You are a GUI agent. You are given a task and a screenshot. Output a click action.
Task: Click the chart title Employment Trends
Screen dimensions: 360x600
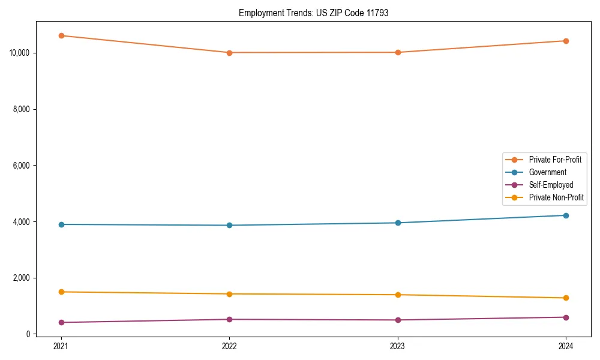(313, 13)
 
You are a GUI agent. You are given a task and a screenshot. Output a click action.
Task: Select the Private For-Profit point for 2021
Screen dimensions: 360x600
(61, 35)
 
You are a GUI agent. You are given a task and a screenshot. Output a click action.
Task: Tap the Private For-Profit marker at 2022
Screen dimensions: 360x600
(229, 53)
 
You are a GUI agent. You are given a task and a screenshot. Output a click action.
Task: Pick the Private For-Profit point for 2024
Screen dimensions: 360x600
(566, 41)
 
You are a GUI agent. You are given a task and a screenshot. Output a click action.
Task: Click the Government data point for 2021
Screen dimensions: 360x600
(61, 224)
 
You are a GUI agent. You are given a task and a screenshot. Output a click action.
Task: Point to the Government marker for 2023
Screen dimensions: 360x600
(398, 223)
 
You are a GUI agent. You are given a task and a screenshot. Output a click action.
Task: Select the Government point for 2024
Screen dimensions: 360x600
(566, 215)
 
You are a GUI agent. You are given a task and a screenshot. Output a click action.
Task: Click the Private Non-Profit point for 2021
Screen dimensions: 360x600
(61, 292)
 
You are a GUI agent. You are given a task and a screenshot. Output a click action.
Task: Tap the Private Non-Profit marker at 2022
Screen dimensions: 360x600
(229, 294)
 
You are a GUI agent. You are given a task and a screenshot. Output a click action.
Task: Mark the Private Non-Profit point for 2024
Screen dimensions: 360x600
(566, 298)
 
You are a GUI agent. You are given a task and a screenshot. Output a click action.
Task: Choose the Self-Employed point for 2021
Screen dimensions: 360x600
(61, 322)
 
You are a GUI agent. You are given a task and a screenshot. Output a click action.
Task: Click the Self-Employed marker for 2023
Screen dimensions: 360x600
(398, 320)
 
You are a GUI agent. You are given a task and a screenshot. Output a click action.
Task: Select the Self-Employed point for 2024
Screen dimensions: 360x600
(566, 317)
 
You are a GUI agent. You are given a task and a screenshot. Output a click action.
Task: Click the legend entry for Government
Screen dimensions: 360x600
(547, 172)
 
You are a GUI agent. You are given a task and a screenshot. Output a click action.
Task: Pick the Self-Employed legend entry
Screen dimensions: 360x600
(551, 185)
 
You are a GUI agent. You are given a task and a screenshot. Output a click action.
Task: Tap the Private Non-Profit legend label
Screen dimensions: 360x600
(556, 197)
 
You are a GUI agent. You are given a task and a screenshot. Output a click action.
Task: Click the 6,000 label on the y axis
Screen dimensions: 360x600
(22, 166)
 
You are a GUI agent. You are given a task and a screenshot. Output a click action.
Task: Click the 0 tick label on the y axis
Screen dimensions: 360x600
(28, 334)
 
